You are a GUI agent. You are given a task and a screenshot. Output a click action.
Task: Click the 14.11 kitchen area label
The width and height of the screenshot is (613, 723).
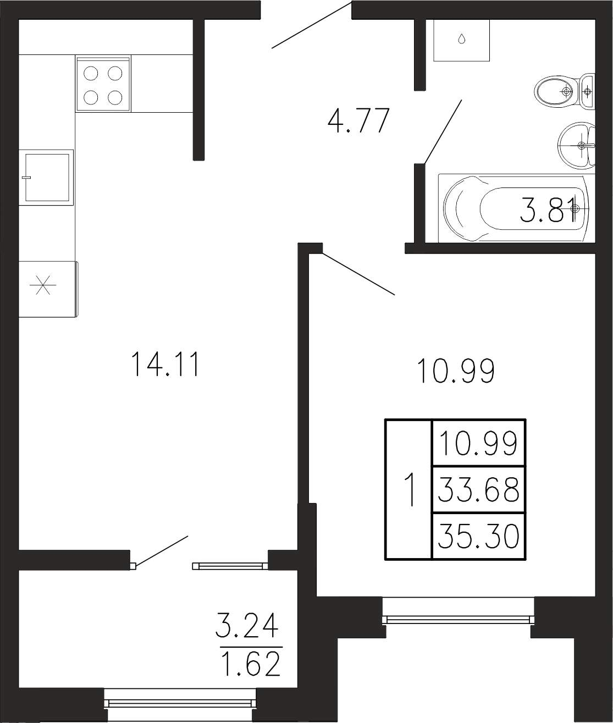coord(165,364)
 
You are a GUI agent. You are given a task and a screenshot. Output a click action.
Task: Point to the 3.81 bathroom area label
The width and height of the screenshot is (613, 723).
coord(547,210)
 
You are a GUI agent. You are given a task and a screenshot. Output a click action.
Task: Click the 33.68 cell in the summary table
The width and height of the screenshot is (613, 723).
coord(478,490)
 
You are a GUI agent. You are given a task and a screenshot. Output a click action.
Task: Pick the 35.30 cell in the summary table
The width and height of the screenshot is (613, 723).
coord(478,537)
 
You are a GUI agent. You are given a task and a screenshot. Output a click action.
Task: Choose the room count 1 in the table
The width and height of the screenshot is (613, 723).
coord(409,490)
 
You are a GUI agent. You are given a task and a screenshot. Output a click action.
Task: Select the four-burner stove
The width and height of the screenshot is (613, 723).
coord(103,84)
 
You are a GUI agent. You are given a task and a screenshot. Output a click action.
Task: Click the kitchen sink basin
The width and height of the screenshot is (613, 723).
coord(46,178)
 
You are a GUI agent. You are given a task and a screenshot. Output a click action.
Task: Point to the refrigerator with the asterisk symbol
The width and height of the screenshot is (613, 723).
coord(48,289)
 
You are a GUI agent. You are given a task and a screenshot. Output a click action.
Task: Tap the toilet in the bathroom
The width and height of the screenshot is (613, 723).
coord(564,91)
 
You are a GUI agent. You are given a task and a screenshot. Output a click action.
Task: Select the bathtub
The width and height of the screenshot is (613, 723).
coord(516,208)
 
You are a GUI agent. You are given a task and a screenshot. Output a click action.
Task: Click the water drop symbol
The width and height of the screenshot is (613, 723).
coord(462,39)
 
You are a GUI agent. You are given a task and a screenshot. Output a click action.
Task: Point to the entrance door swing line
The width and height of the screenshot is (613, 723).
coord(312,25)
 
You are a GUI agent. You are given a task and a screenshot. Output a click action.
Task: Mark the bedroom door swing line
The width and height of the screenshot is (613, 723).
coord(358,273)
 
